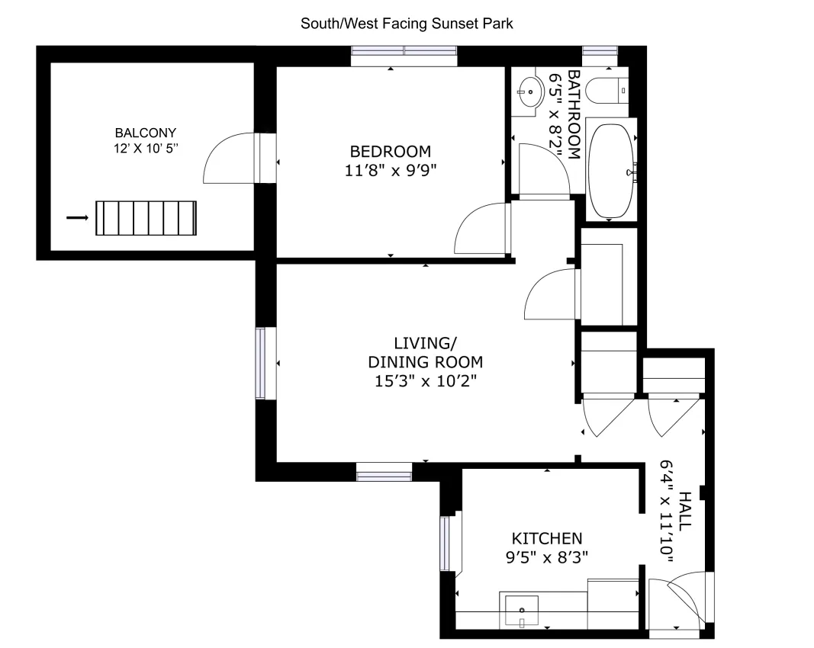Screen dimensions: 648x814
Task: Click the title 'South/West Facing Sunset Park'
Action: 407,24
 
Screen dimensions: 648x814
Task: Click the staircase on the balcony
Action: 146,218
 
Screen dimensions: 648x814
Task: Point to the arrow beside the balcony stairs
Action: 78,218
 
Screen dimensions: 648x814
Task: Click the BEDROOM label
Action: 390,151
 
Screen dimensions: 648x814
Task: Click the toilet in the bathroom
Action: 610,90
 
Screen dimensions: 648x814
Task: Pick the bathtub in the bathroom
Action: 612,172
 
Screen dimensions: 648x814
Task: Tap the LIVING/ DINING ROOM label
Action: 425,352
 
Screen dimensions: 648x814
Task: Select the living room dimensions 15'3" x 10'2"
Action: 425,380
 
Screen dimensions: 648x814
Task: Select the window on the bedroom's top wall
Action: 404,51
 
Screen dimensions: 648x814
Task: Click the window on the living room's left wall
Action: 261,363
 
